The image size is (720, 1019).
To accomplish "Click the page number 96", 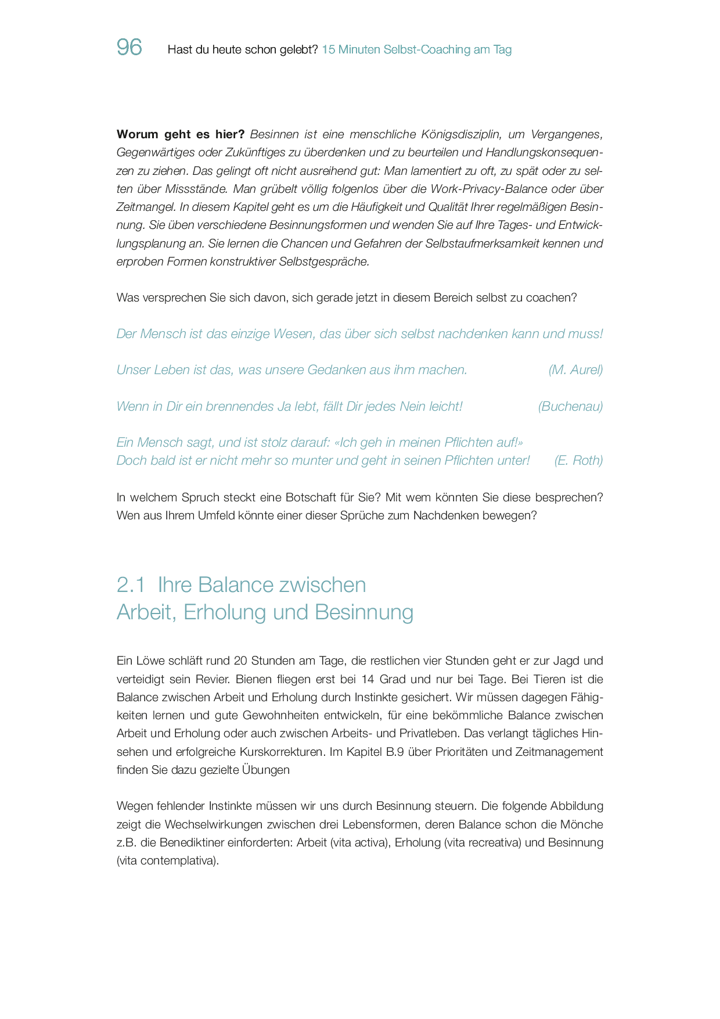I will pyautogui.click(x=129, y=47).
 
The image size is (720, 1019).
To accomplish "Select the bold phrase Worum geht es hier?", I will pyautogui.click(x=181, y=135).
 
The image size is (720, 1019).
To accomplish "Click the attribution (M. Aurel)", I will pyautogui.click(x=575, y=370).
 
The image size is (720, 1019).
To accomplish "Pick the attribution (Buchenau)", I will pyautogui.click(x=570, y=407).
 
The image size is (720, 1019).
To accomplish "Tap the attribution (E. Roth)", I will pyautogui.click(x=578, y=461).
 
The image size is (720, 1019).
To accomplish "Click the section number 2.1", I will pyautogui.click(x=131, y=585).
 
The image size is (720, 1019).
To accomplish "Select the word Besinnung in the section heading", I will pyautogui.click(x=364, y=612).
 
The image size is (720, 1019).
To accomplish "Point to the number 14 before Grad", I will pyautogui.click(x=368, y=679).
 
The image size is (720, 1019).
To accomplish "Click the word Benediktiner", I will pyautogui.click(x=223, y=842).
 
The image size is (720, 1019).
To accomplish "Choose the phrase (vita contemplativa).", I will pyautogui.click(x=167, y=861).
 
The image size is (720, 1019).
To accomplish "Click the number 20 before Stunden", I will pyautogui.click(x=240, y=661).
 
